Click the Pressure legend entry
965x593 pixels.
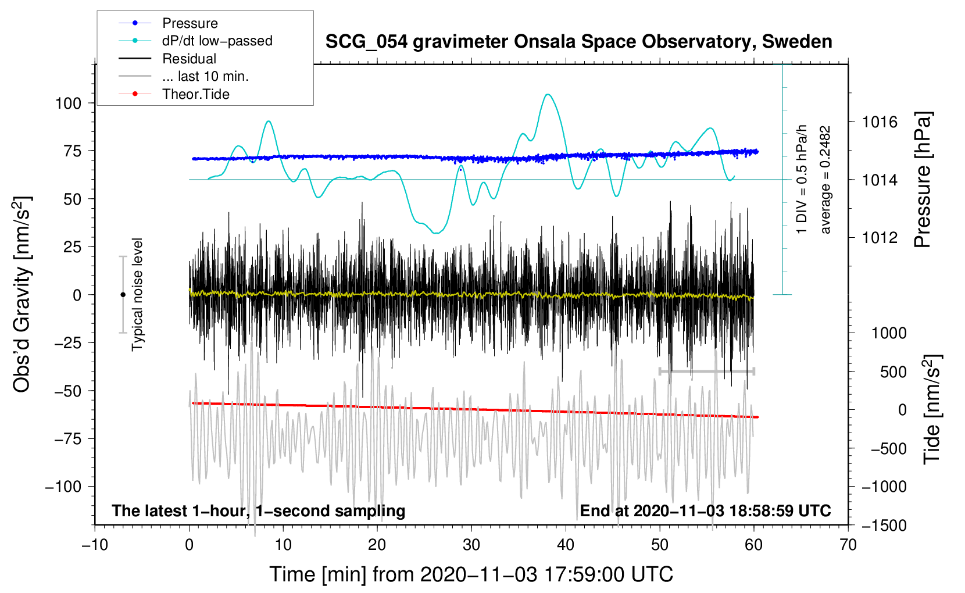[190, 23]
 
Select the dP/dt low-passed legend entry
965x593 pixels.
[217, 41]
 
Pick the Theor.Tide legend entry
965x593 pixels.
[195, 94]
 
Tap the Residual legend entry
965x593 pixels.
[189, 59]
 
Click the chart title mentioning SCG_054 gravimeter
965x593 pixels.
[578, 42]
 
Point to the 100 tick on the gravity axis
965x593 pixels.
[68, 103]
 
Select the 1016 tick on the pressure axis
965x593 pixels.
[880, 122]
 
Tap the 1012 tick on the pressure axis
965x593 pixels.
[880, 238]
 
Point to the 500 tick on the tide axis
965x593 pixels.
[893, 371]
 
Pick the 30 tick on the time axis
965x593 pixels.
[471, 545]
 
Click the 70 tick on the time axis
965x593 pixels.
[848, 545]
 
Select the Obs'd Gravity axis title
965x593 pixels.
[22, 294]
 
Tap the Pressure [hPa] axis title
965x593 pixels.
[923, 180]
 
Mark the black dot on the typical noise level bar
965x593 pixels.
[123, 295]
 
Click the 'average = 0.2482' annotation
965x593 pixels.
[825, 180]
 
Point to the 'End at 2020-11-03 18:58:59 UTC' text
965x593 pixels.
[705, 510]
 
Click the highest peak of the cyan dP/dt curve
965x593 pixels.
[547, 94]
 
